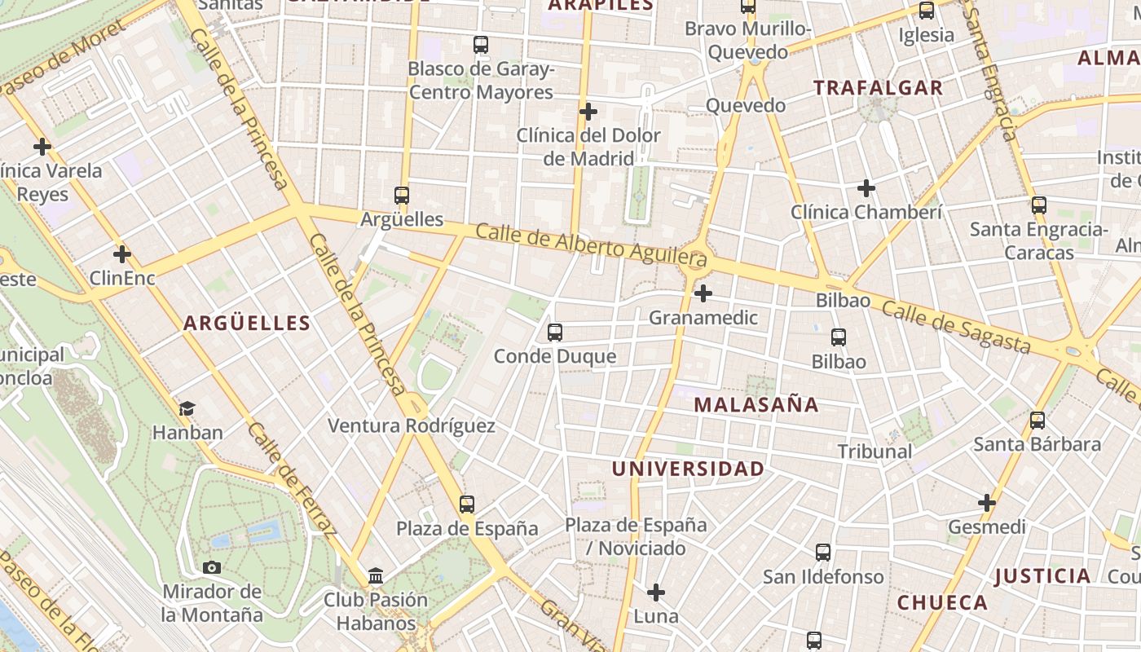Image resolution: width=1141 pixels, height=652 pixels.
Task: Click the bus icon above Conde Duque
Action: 555,333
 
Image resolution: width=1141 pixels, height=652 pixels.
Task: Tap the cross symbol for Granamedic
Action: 703,293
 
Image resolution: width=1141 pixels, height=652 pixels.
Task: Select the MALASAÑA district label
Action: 756,404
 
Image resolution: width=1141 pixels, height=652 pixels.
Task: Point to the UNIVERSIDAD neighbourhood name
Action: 688,469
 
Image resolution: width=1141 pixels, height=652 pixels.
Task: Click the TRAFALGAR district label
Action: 878,88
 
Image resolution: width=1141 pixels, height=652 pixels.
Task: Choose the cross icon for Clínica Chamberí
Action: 866,189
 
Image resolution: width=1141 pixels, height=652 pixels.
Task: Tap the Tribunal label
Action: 874,451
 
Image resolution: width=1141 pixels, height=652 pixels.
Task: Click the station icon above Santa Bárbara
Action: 1037,421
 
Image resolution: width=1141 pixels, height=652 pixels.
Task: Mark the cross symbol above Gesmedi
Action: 987,503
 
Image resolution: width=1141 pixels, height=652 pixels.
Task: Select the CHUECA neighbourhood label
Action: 942,603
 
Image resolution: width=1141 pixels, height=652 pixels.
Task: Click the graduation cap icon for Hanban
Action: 187,408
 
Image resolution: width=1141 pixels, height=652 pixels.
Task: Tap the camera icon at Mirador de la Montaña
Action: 212,567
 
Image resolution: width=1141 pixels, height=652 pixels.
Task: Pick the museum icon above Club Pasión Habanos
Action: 376,576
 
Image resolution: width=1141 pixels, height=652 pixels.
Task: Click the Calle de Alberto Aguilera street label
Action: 591,245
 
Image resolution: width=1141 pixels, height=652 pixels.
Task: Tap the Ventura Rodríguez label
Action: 411,425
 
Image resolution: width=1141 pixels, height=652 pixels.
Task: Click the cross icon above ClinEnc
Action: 122,254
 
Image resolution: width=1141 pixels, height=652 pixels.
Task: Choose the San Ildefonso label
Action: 823,577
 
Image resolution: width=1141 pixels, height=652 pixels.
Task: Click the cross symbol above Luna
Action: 656,593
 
